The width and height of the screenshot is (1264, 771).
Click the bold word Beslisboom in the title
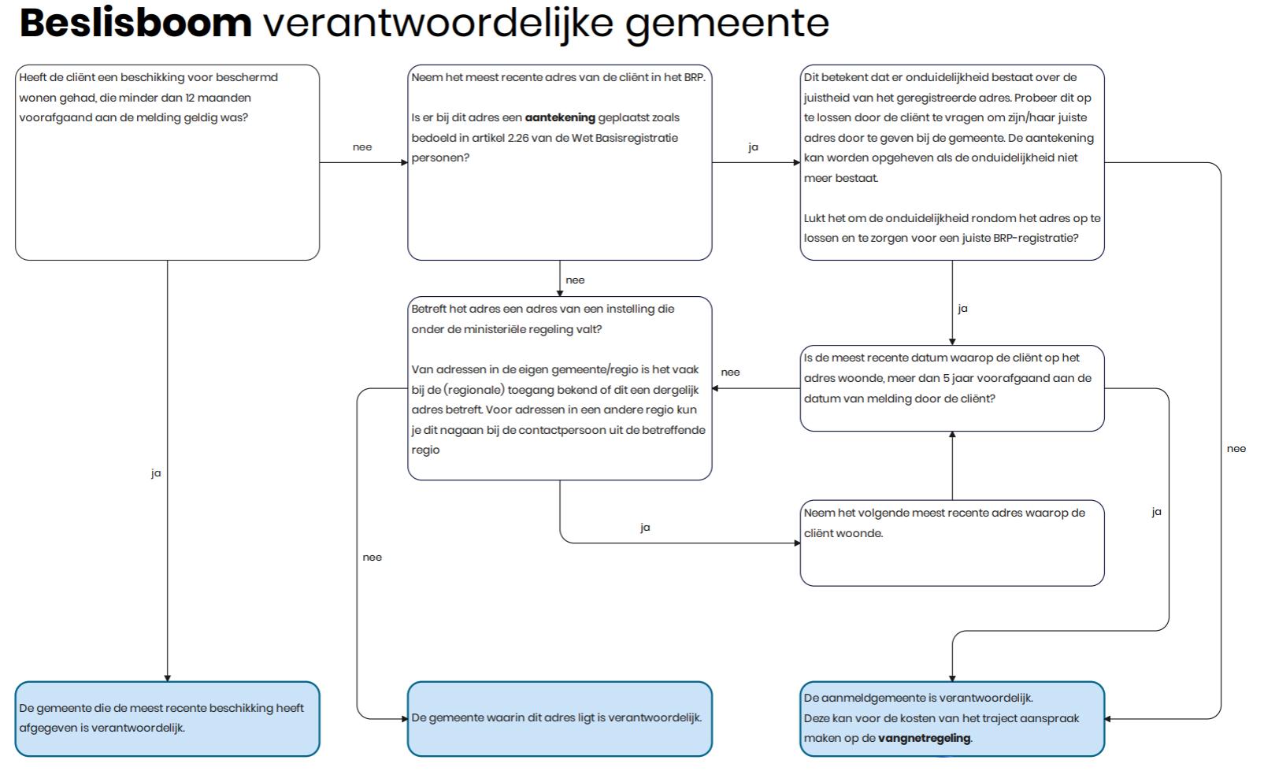pos(135,23)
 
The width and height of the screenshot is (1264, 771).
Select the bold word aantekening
pos(560,118)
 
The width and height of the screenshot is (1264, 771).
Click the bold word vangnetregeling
pos(925,739)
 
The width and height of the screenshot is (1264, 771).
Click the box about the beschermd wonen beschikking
pos(167,162)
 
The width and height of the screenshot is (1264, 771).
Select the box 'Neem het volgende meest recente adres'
pos(951,543)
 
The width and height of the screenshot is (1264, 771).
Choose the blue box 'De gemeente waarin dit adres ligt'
pos(559,718)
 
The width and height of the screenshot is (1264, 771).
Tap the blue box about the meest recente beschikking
pos(167,718)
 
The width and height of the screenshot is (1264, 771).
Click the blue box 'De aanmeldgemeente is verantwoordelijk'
pos(951,718)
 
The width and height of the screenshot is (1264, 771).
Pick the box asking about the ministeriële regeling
pos(559,387)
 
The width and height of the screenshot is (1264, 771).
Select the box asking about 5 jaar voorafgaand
pos(951,387)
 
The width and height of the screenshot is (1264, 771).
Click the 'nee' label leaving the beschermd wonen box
pos(362,147)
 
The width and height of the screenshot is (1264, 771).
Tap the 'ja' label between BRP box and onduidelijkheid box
pos(753,147)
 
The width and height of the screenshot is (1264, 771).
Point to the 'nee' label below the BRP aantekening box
pos(575,280)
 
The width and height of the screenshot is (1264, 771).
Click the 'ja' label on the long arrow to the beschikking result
pos(156,473)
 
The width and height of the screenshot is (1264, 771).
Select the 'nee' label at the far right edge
pos(1236,449)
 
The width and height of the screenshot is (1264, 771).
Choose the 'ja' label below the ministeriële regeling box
pos(645,528)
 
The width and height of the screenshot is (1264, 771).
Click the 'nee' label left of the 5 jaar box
pos(730,373)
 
